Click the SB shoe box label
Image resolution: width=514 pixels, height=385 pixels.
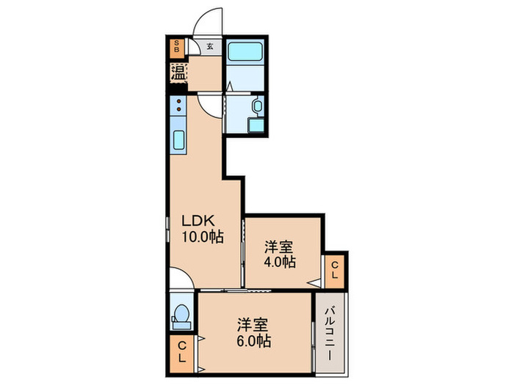tap(177, 46)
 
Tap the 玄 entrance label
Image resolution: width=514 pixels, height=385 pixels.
tap(210, 46)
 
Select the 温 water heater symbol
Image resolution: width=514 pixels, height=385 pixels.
tap(178, 73)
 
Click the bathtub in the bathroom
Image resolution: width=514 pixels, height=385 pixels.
tap(245, 51)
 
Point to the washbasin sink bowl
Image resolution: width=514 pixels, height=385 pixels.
tap(257, 106)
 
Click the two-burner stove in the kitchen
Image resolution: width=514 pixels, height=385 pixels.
tap(178, 105)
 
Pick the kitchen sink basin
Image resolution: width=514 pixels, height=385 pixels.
tap(178, 140)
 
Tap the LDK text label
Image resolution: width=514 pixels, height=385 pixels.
tap(198, 221)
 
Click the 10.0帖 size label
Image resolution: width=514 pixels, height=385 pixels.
tap(203, 237)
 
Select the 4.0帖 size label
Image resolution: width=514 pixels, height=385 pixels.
tap(280, 262)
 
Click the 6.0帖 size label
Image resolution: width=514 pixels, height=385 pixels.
tap(254, 341)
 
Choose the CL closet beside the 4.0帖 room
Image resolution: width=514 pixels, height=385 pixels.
tap(334, 271)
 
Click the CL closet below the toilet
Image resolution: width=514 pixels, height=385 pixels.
tap(182, 354)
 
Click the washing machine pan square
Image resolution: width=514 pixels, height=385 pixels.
tap(256, 125)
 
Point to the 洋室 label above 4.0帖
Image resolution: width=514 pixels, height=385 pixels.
tap(279, 247)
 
